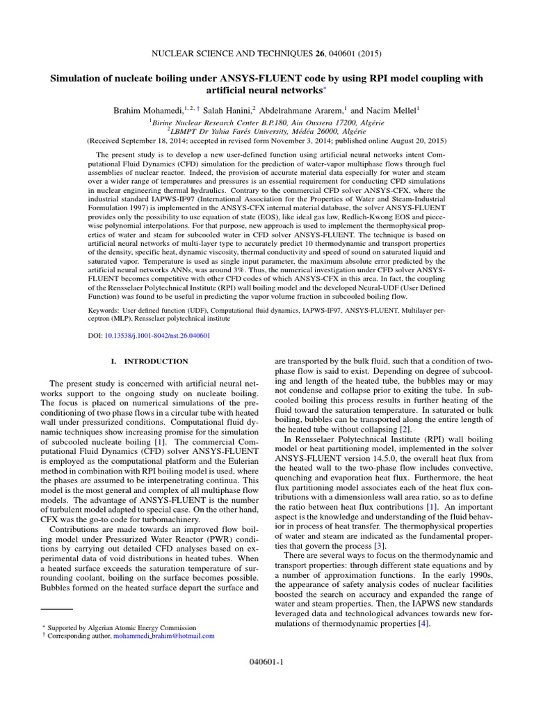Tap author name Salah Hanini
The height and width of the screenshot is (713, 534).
click(x=229, y=109)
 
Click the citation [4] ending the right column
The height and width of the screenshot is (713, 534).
click(x=423, y=623)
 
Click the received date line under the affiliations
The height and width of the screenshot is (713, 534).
click(x=267, y=140)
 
